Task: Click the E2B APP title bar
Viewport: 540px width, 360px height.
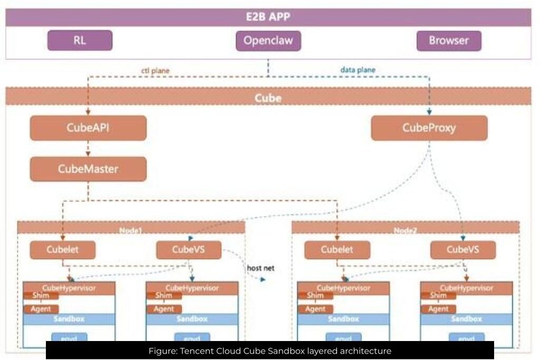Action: pos(268,17)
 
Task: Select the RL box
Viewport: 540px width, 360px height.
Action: pos(80,40)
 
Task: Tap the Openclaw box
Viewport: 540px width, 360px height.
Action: pos(268,41)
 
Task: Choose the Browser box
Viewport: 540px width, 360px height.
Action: pos(448,41)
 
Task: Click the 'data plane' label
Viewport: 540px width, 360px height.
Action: pos(358,70)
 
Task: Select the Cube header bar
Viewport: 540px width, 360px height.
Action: pos(268,98)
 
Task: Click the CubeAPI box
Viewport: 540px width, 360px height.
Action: pos(88,128)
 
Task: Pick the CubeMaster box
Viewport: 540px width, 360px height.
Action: pos(88,169)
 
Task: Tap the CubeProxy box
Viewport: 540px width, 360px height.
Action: pos(429,128)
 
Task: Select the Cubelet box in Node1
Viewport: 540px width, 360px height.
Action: pos(63,250)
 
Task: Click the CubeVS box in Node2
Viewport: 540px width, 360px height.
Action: pos(462,250)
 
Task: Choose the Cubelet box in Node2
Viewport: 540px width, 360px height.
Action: pos(337,250)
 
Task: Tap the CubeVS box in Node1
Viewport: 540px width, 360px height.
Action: pos(188,250)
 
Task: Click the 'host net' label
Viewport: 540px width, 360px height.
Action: pos(261,268)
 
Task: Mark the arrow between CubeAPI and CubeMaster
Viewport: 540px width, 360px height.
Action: pos(88,149)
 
